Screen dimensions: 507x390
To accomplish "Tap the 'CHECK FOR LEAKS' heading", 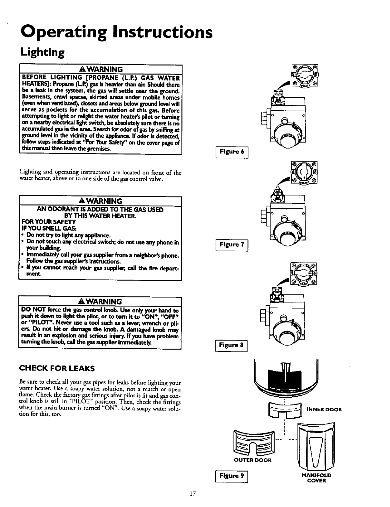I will click(x=57, y=368).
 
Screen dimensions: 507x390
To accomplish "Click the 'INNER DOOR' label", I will click(x=324, y=410).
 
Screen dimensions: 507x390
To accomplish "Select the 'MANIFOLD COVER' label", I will click(x=316, y=478).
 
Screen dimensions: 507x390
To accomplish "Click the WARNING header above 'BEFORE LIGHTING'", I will click(x=101, y=69).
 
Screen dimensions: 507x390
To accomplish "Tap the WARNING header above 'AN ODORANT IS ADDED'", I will click(x=101, y=201).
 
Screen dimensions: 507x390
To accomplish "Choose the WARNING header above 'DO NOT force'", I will click(x=101, y=301).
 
